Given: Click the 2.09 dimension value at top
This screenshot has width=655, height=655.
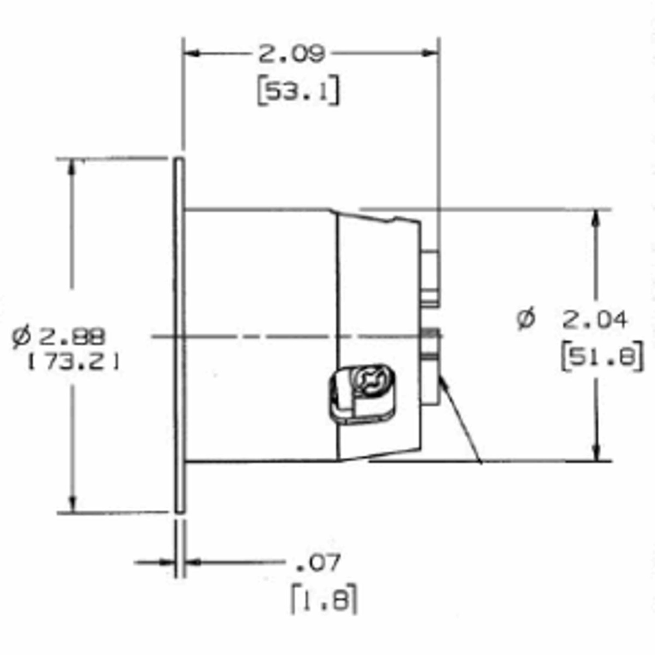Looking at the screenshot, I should click(x=291, y=54).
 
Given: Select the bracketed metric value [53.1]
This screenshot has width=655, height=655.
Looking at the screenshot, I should click(x=298, y=91).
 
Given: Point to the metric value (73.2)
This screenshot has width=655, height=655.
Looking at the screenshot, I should click(x=73, y=362).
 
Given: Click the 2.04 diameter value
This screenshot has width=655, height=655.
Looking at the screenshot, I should click(x=594, y=320).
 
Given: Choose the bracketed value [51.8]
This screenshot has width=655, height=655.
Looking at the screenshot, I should click(x=602, y=358).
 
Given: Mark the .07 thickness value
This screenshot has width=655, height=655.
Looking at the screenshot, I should click(x=318, y=562).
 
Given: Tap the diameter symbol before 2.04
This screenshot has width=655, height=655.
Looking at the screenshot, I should click(x=526, y=319).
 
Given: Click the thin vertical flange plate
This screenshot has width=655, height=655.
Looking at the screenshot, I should click(x=179, y=336).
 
